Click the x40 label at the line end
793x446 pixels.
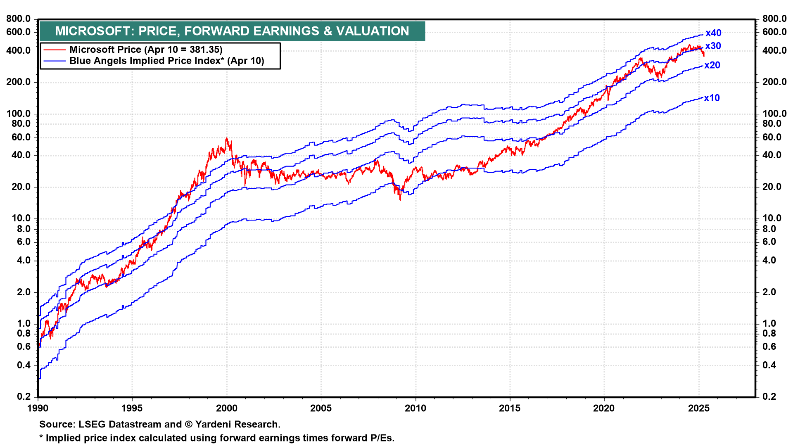(x=713, y=33)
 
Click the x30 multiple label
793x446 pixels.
(x=713, y=46)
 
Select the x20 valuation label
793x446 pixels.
(x=712, y=65)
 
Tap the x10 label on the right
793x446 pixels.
(x=712, y=98)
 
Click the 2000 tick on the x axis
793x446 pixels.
(x=227, y=408)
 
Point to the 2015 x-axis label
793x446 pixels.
(x=510, y=408)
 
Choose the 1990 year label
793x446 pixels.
(x=38, y=408)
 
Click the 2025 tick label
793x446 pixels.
(x=699, y=408)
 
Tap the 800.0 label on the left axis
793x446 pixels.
(x=19, y=19)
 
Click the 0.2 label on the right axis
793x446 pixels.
(x=769, y=396)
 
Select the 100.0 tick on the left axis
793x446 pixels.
(x=19, y=114)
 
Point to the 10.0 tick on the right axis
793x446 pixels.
(x=772, y=218)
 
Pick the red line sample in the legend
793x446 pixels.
(x=55, y=50)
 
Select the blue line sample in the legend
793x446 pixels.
(x=55, y=61)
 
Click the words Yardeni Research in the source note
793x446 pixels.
(x=237, y=425)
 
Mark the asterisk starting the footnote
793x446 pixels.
(x=41, y=438)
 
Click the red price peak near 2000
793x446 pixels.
(x=226, y=139)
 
